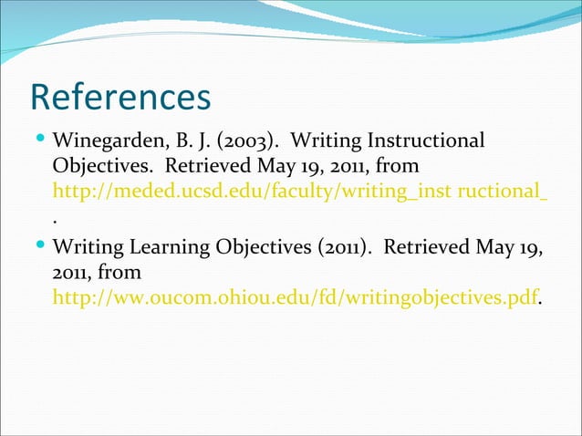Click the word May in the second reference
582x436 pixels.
pos(496,247)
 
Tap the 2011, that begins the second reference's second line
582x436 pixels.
pos(71,273)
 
